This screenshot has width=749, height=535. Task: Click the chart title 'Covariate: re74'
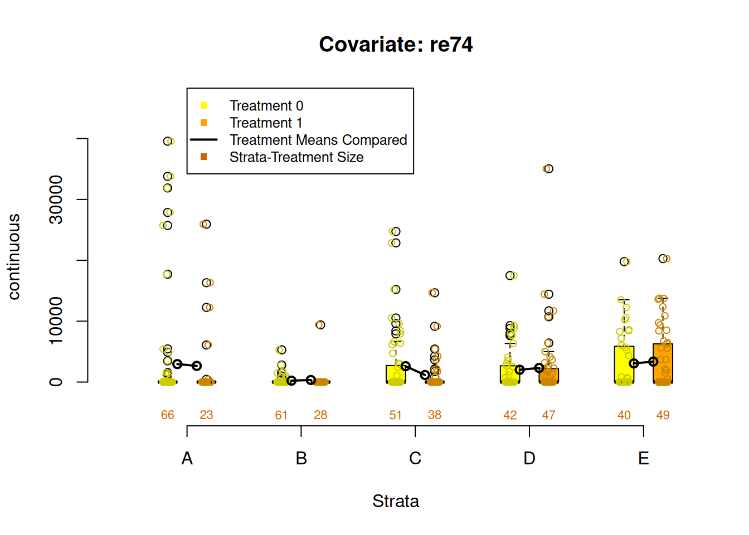pos(396,45)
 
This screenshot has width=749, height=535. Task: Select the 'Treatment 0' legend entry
pos(266,106)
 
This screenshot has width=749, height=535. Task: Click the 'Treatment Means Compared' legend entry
pos(318,140)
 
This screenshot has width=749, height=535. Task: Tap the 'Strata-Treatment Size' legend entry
pos(296,157)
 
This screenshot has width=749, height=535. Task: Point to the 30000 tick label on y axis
pos(56,200)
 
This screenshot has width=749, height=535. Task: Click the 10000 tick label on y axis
pos(56,321)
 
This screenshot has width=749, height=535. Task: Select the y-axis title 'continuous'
pos(14,257)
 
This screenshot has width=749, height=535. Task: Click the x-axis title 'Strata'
pos(396,501)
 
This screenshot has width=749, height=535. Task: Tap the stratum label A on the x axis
pos(187,459)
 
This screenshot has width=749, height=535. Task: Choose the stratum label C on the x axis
pos(415,459)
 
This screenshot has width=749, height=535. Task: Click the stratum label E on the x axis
pos(644,459)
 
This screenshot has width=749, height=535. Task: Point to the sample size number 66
pos(168,415)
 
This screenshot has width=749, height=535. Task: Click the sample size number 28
pos(320,415)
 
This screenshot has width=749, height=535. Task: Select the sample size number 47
pos(549,415)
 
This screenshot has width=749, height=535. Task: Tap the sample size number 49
pos(663,415)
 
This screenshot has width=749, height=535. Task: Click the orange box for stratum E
pos(663,363)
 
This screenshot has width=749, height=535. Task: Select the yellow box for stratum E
pos(624,364)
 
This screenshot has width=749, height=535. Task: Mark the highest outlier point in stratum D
pos(548,169)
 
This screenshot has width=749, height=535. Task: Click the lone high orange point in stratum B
pos(320,325)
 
